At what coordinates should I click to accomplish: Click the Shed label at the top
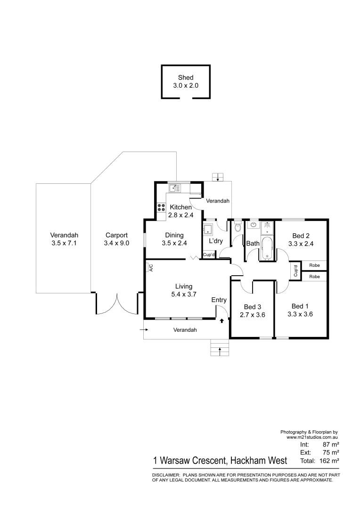(186, 78)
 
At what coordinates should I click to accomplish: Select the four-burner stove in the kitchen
(161, 209)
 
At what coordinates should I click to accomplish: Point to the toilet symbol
(237, 228)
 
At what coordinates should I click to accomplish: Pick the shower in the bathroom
(267, 227)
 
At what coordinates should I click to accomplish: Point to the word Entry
(219, 300)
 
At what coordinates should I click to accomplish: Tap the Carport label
(116, 235)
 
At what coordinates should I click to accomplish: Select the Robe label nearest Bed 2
(314, 265)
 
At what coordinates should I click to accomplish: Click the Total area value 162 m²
(330, 460)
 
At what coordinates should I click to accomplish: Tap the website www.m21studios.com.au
(313, 437)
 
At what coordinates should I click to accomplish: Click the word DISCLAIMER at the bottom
(165, 475)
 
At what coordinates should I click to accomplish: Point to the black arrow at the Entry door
(222, 321)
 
